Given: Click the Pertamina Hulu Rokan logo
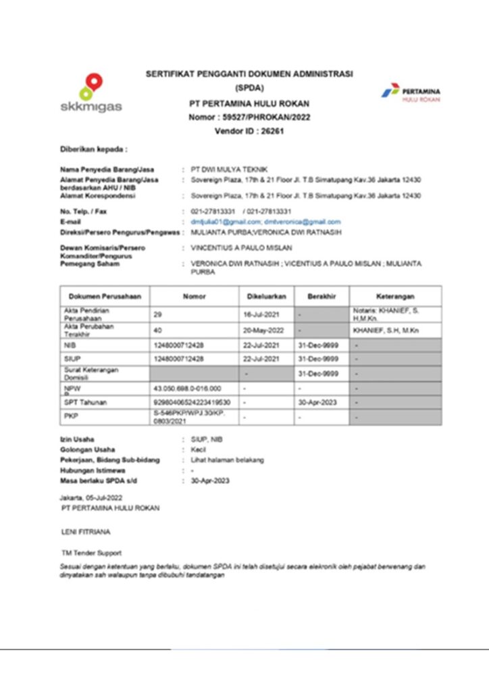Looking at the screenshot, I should [412, 93].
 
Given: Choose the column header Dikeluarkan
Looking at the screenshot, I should [266, 296].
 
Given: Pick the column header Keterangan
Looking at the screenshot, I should [396, 296].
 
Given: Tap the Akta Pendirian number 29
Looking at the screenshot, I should [158, 314].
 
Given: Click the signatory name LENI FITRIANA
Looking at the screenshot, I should [85, 533].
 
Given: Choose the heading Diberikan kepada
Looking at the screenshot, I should [93, 148].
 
